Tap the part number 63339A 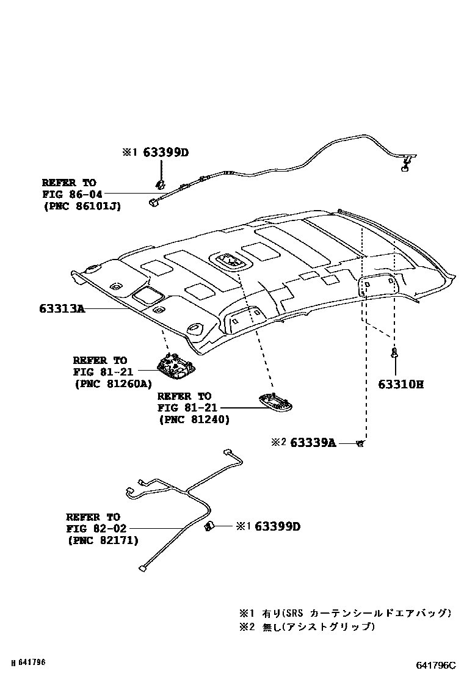coord(313,443)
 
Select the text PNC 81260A coord(113,384)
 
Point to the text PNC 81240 coord(194,419)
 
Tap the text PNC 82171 coord(102,540)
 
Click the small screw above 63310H coord(395,352)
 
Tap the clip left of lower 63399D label coord(208,526)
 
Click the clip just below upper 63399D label coord(161,182)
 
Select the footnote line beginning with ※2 coord(306,626)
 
